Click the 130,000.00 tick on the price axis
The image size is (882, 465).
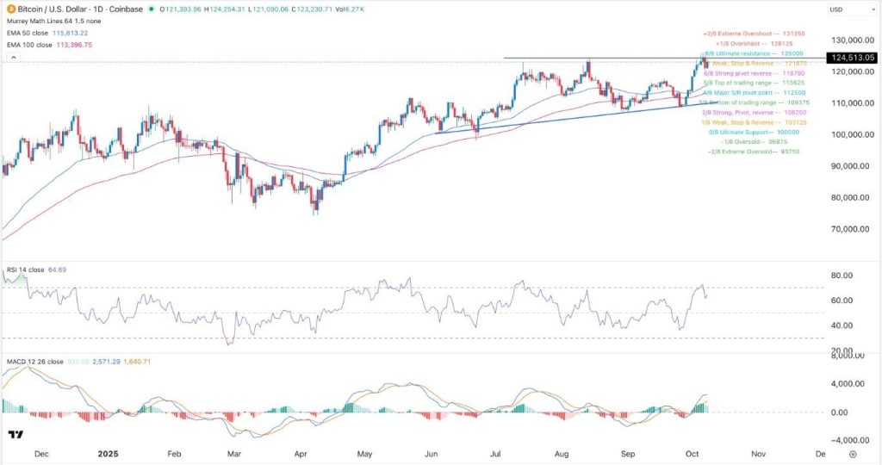click(x=848, y=40)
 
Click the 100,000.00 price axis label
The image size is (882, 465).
click(x=848, y=135)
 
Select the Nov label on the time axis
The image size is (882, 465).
click(x=758, y=452)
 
